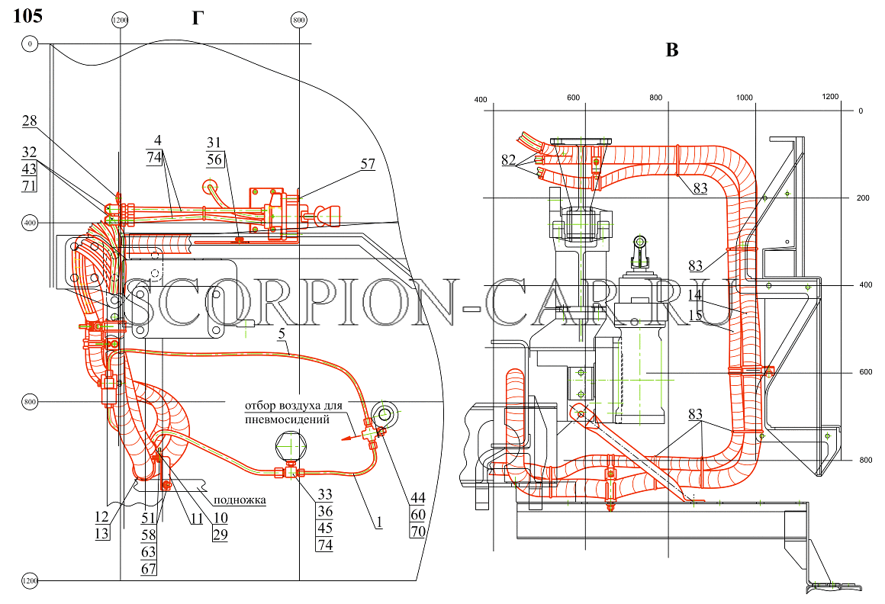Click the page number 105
pos(27,16)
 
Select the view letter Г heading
pos(196,18)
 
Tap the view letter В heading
pos(671,50)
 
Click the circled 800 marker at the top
pos(298,21)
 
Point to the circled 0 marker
pos(30,43)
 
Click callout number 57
pos(368,163)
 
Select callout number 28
pos(29,120)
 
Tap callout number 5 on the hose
pos(282,334)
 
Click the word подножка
pos(240,500)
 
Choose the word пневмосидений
pos(288,419)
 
